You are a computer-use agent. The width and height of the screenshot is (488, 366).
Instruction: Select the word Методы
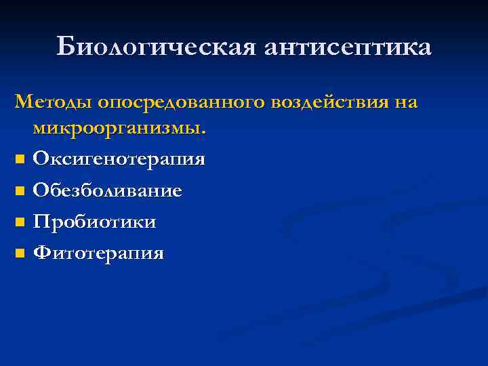click(54, 102)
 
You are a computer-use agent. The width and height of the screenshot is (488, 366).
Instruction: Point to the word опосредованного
click(182, 102)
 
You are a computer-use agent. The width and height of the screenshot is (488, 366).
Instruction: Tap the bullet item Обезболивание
click(107, 190)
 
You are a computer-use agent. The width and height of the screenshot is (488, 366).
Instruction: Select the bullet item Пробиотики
click(95, 222)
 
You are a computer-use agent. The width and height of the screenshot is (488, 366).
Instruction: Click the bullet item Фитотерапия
click(98, 253)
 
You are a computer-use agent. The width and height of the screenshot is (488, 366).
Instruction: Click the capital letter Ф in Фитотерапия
click(41, 253)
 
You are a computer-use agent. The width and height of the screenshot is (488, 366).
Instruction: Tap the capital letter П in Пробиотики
click(41, 222)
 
